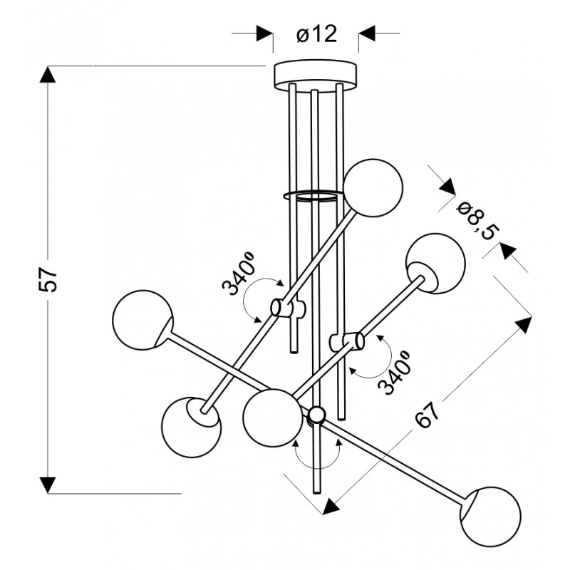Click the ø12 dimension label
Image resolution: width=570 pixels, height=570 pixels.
point(316,34)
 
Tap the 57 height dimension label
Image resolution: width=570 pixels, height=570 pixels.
point(48,279)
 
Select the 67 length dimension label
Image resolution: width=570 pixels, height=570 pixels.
point(427,416)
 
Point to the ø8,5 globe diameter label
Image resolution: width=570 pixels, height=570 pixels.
point(477,222)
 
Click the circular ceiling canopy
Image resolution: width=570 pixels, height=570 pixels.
point(315,76)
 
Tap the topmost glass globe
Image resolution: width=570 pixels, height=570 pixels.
point(373,188)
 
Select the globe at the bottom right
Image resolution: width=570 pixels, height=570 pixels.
point(490,517)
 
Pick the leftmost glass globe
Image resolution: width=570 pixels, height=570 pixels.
point(142,320)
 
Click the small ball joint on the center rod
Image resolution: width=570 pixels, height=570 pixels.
point(317,415)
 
